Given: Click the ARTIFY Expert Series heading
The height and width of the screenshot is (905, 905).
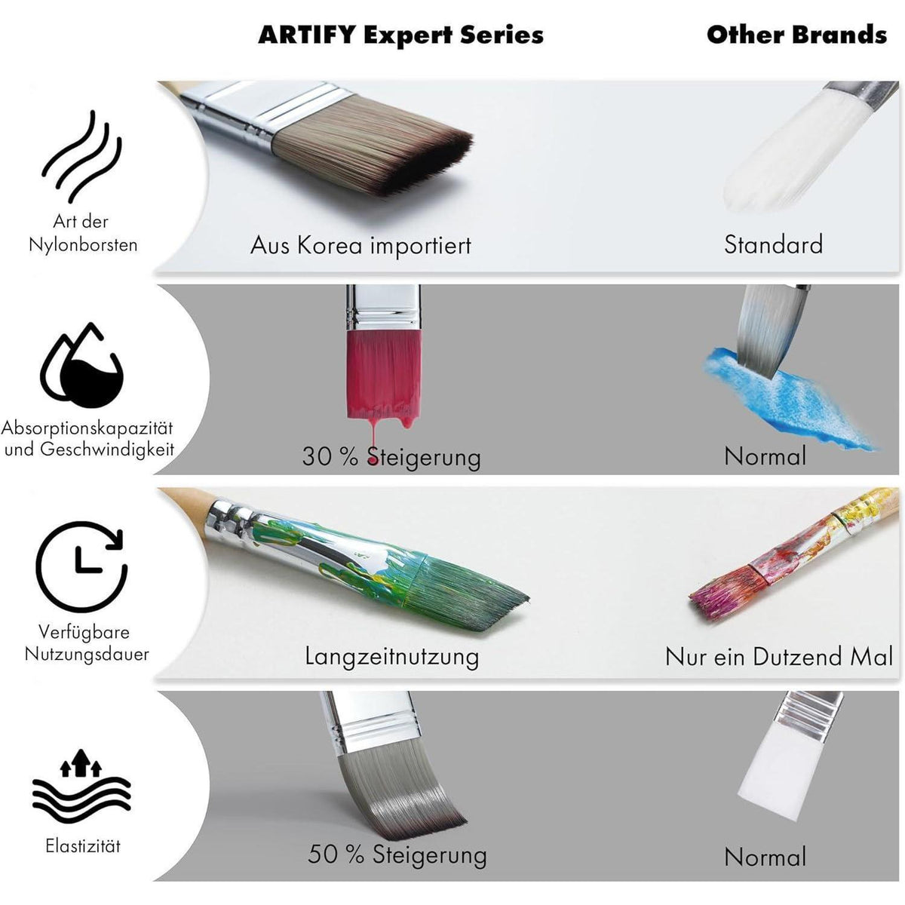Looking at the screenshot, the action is pyautogui.click(x=400, y=35).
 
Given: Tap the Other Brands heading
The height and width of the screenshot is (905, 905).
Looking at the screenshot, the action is pyautogui.click(x=796, y=35).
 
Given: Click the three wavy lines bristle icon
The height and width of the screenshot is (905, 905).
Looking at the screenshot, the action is pyautogui.click(x=82, y=157).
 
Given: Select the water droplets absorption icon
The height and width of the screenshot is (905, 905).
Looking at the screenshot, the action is pyautogui.click(x=81, y=365).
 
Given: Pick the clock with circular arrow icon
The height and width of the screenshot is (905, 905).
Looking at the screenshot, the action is pyautogui.click(x=81, y=566).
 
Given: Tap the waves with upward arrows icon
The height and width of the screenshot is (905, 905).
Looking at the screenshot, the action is pyautogui.click(x=81, y=786).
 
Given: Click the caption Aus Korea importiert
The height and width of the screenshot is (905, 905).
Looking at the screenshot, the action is pyautogui.click(x=360, y=245).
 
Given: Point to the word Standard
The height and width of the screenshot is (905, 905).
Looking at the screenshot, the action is pyautogui.click(x=773, y=244).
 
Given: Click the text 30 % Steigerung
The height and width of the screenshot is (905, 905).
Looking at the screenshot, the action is pyautogui.click(x=391, y=456).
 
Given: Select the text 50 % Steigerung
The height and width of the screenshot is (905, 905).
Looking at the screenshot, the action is pyautogui.click(x=397, y=854).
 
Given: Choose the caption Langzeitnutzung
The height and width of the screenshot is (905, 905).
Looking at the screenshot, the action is pyautogui.click(x=391, y=657).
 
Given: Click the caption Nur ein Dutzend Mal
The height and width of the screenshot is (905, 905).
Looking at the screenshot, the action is pyautogui.click(x=778, y=656).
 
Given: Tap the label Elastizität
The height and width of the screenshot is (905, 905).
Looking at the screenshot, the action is pyautogui.click(x=83, y=846).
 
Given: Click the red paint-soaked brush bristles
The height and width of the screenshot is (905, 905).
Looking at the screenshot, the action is pyautogui.click(x=384, y=376).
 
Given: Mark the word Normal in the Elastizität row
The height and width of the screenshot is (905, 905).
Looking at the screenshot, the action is pyautogui.click(x=765, y=857).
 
